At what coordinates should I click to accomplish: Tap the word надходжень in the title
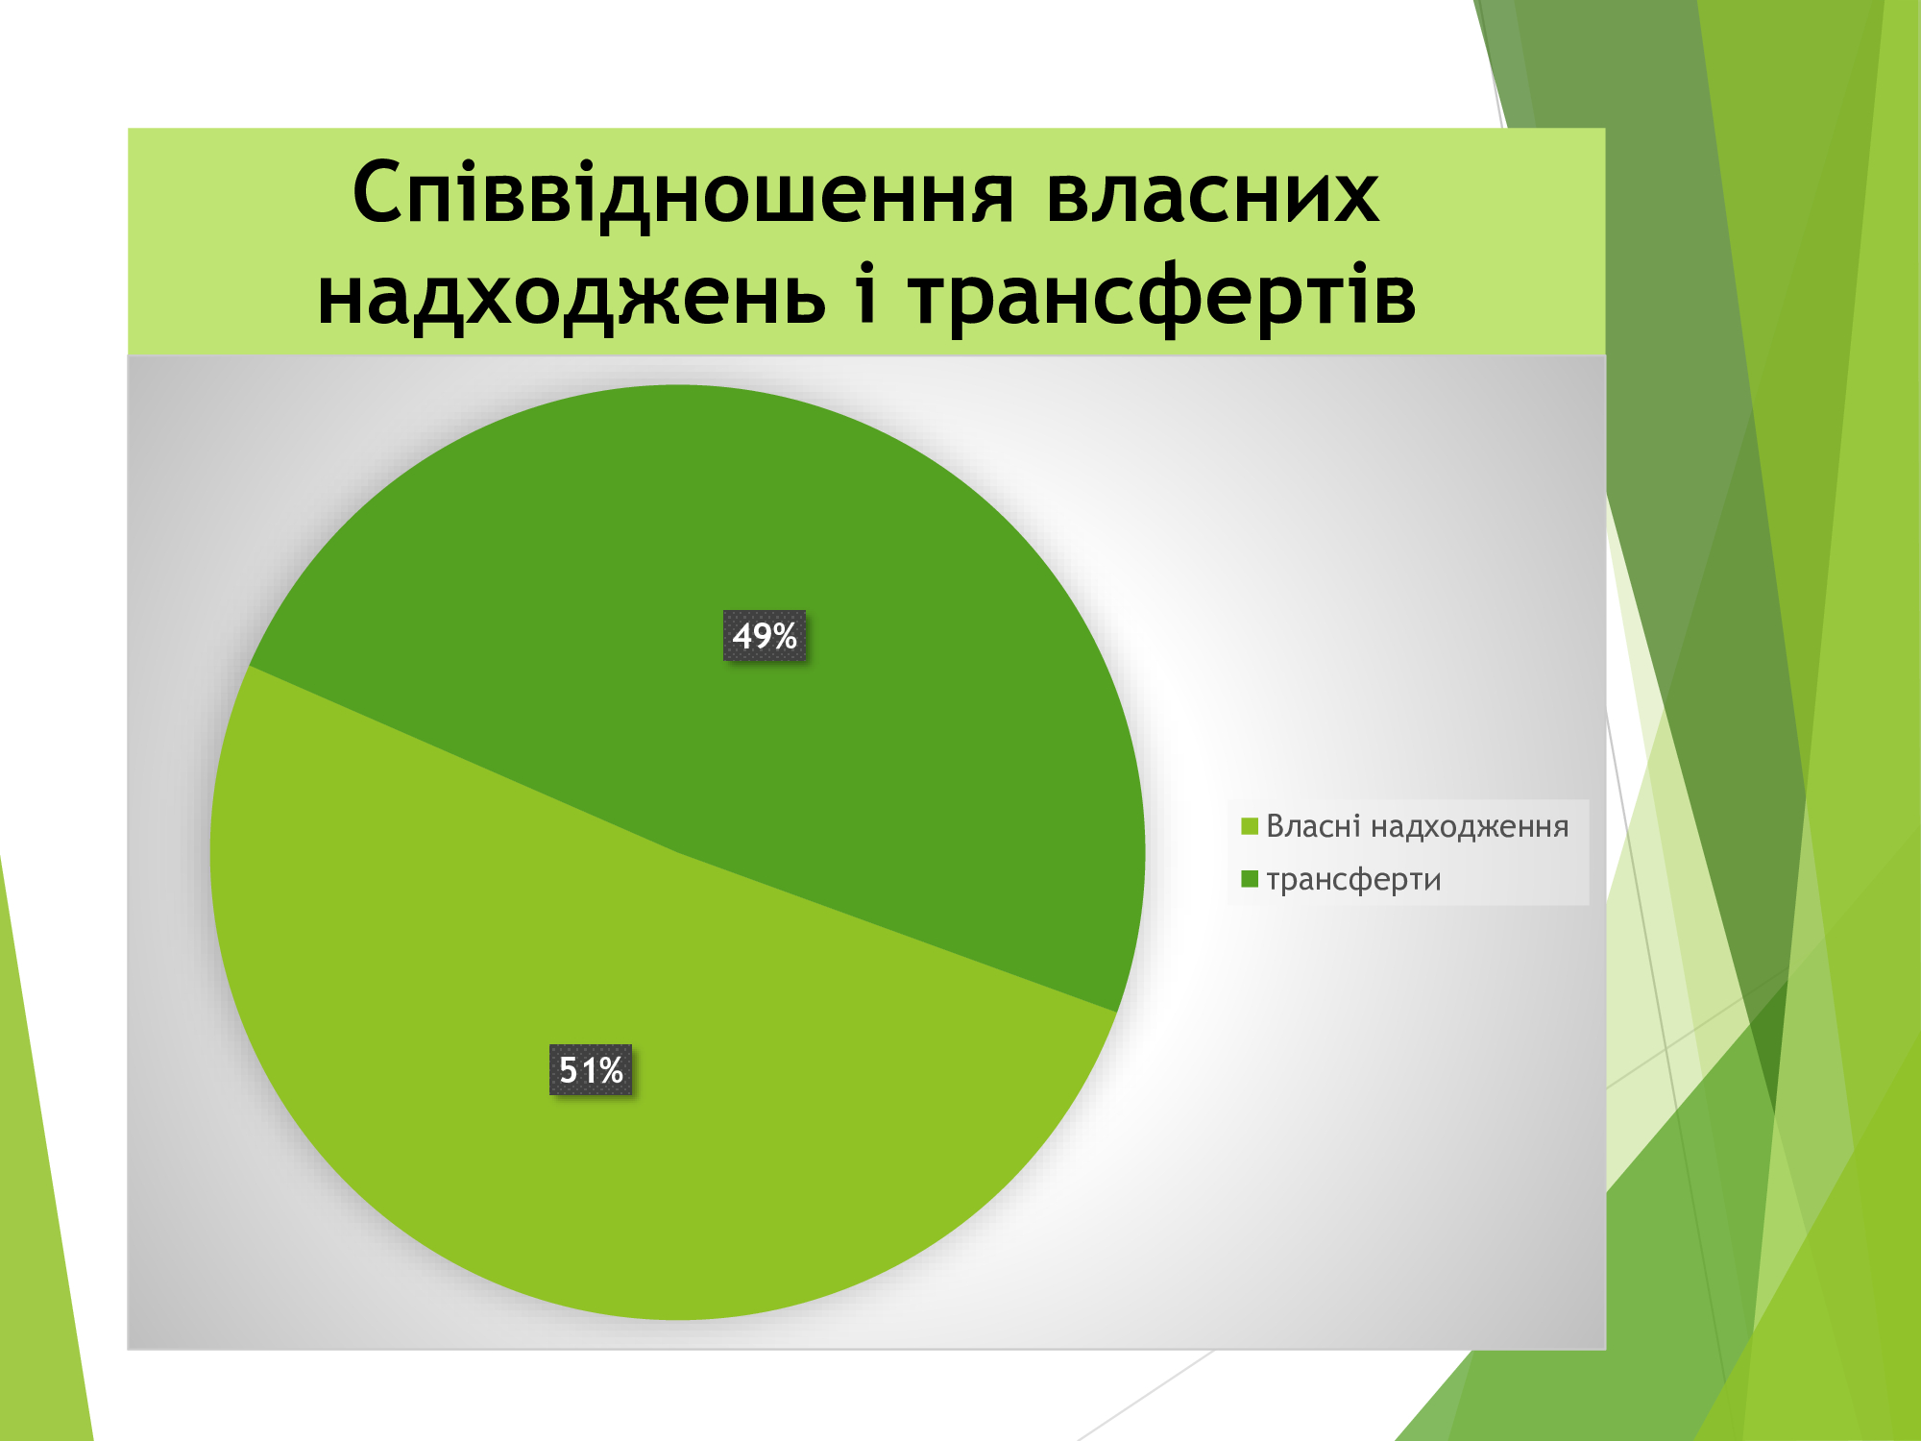571,298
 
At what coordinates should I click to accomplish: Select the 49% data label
765,636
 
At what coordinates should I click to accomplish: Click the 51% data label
591,1069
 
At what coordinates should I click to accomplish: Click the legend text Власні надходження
1417,826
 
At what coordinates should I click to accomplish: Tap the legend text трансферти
1353,880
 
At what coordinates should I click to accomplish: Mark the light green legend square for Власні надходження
1250,826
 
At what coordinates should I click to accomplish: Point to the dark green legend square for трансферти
1250,879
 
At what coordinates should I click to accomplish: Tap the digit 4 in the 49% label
742,636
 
